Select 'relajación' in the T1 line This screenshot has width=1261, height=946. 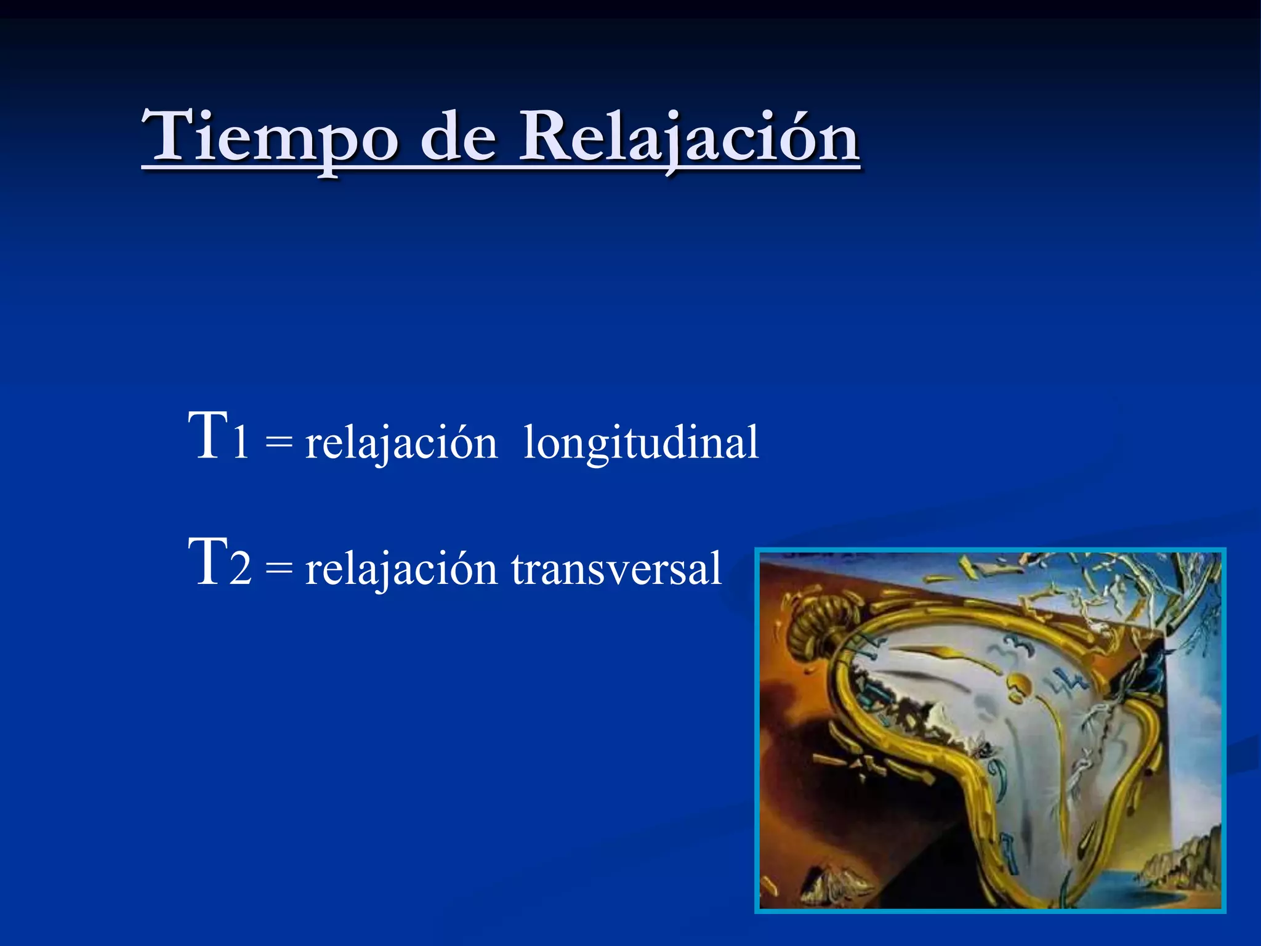tap(401, 443)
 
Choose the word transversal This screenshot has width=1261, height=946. tap(616, 569)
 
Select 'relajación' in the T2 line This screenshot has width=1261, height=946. tap(401, 569)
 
